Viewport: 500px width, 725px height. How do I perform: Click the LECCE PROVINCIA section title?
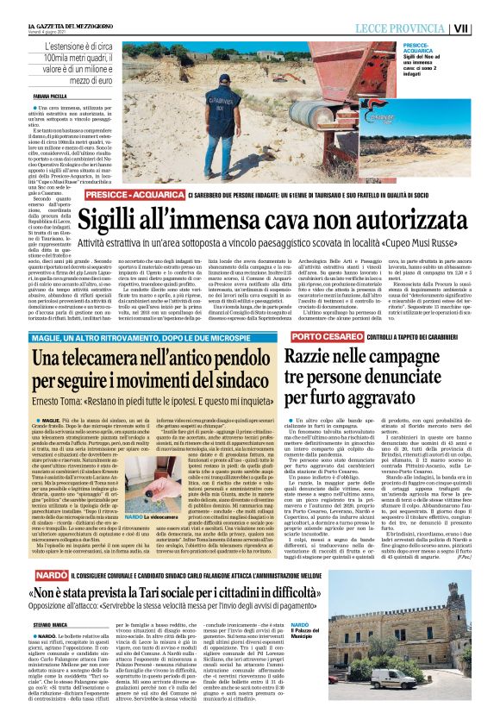[x=409, y=28]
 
